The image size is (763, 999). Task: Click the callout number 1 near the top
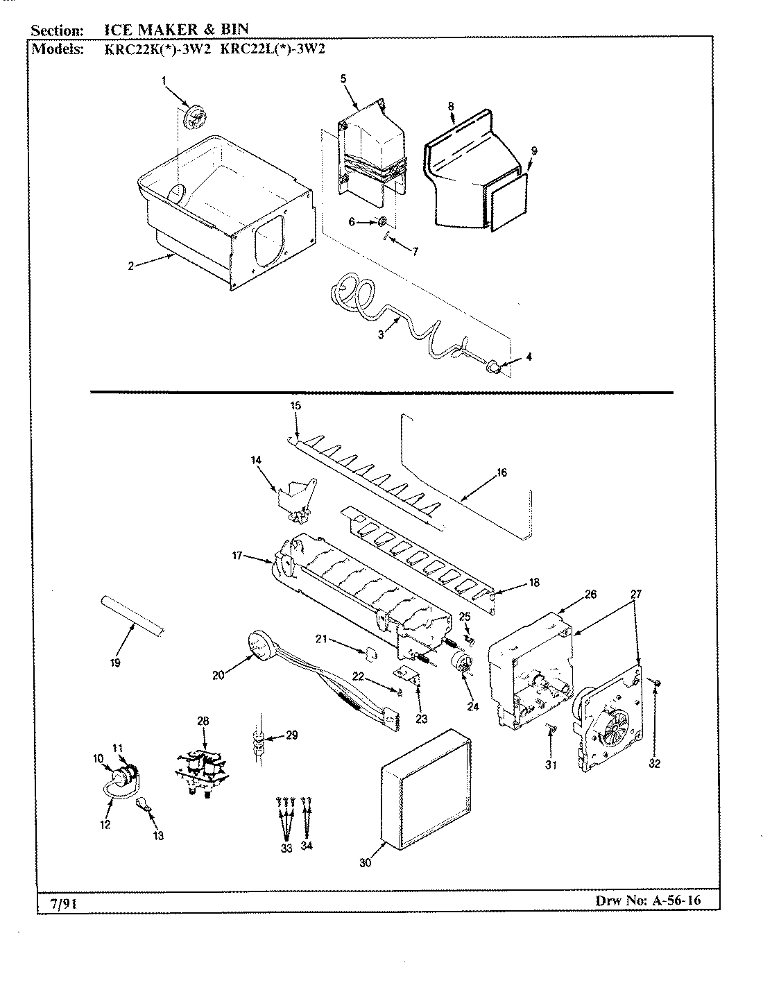point(164,81)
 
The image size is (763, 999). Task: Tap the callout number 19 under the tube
point(115,662)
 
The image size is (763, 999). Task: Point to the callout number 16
point(501,472)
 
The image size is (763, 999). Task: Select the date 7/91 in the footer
point(55,903)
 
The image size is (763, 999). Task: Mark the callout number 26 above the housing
point(590,594)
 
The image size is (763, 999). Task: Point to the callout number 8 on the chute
point(450,106)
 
